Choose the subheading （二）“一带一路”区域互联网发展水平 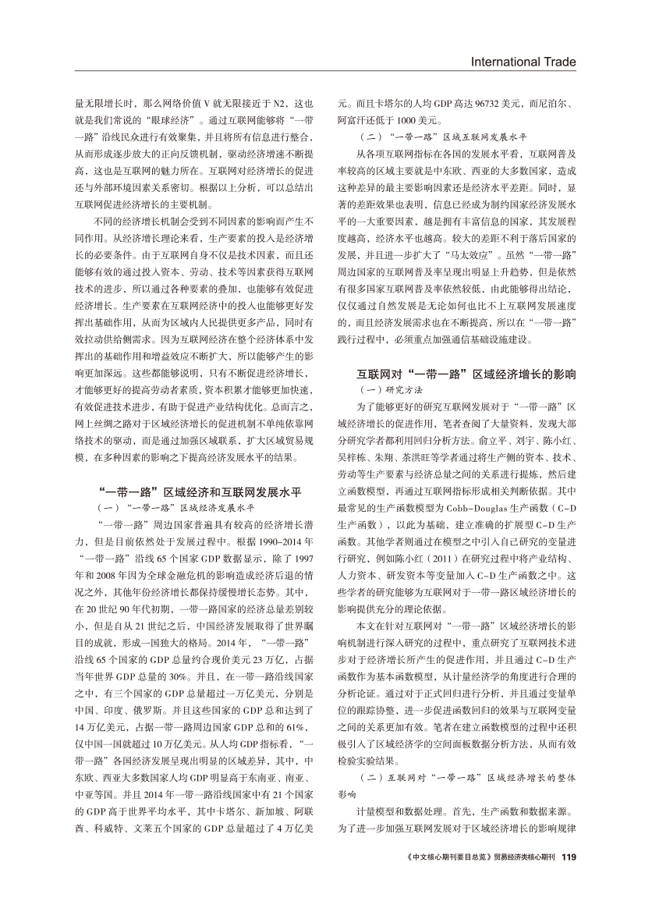tap(441, 135)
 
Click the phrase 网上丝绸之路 tap(104, 423)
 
